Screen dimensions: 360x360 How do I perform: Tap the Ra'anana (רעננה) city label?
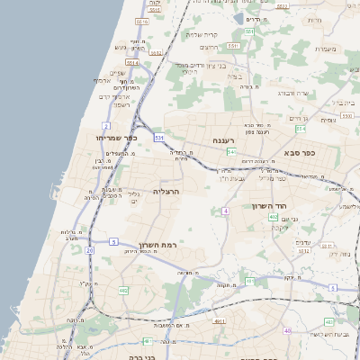coord(224,141)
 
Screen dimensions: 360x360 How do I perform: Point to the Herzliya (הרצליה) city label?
coord(166,192)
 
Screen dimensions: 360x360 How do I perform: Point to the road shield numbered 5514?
coord(132,63)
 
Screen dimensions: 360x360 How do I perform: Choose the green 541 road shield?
coord(231,152)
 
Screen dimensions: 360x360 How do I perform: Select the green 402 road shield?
coord(274,217)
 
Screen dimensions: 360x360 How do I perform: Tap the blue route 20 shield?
coord(89,251)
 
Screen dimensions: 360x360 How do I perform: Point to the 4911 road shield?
coord(219,319)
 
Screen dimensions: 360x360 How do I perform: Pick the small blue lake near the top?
coord(240,17)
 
